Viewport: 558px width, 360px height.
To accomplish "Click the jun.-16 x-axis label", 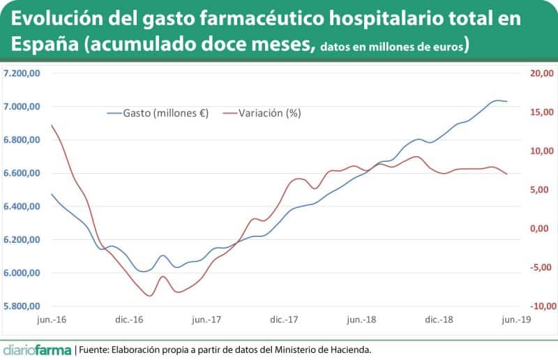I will click(52, 320).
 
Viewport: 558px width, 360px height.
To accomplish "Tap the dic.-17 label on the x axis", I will click(284, 320).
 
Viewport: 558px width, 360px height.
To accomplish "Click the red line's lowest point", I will click(149, 296).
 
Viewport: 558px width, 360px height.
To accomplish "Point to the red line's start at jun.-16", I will click(52, 125).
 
